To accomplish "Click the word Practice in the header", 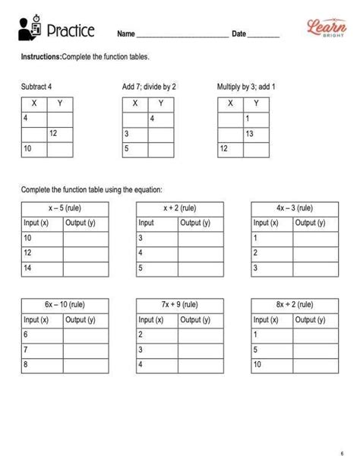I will [70, 31].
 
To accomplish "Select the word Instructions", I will [41, 57].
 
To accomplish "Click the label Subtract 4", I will [36, 87].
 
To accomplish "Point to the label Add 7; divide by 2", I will [149, 87].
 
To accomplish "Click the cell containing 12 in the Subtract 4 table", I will [59, 134].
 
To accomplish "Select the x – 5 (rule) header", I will [65, 208].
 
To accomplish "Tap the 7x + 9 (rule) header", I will [179, 304].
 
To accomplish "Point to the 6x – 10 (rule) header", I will [65, 304].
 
